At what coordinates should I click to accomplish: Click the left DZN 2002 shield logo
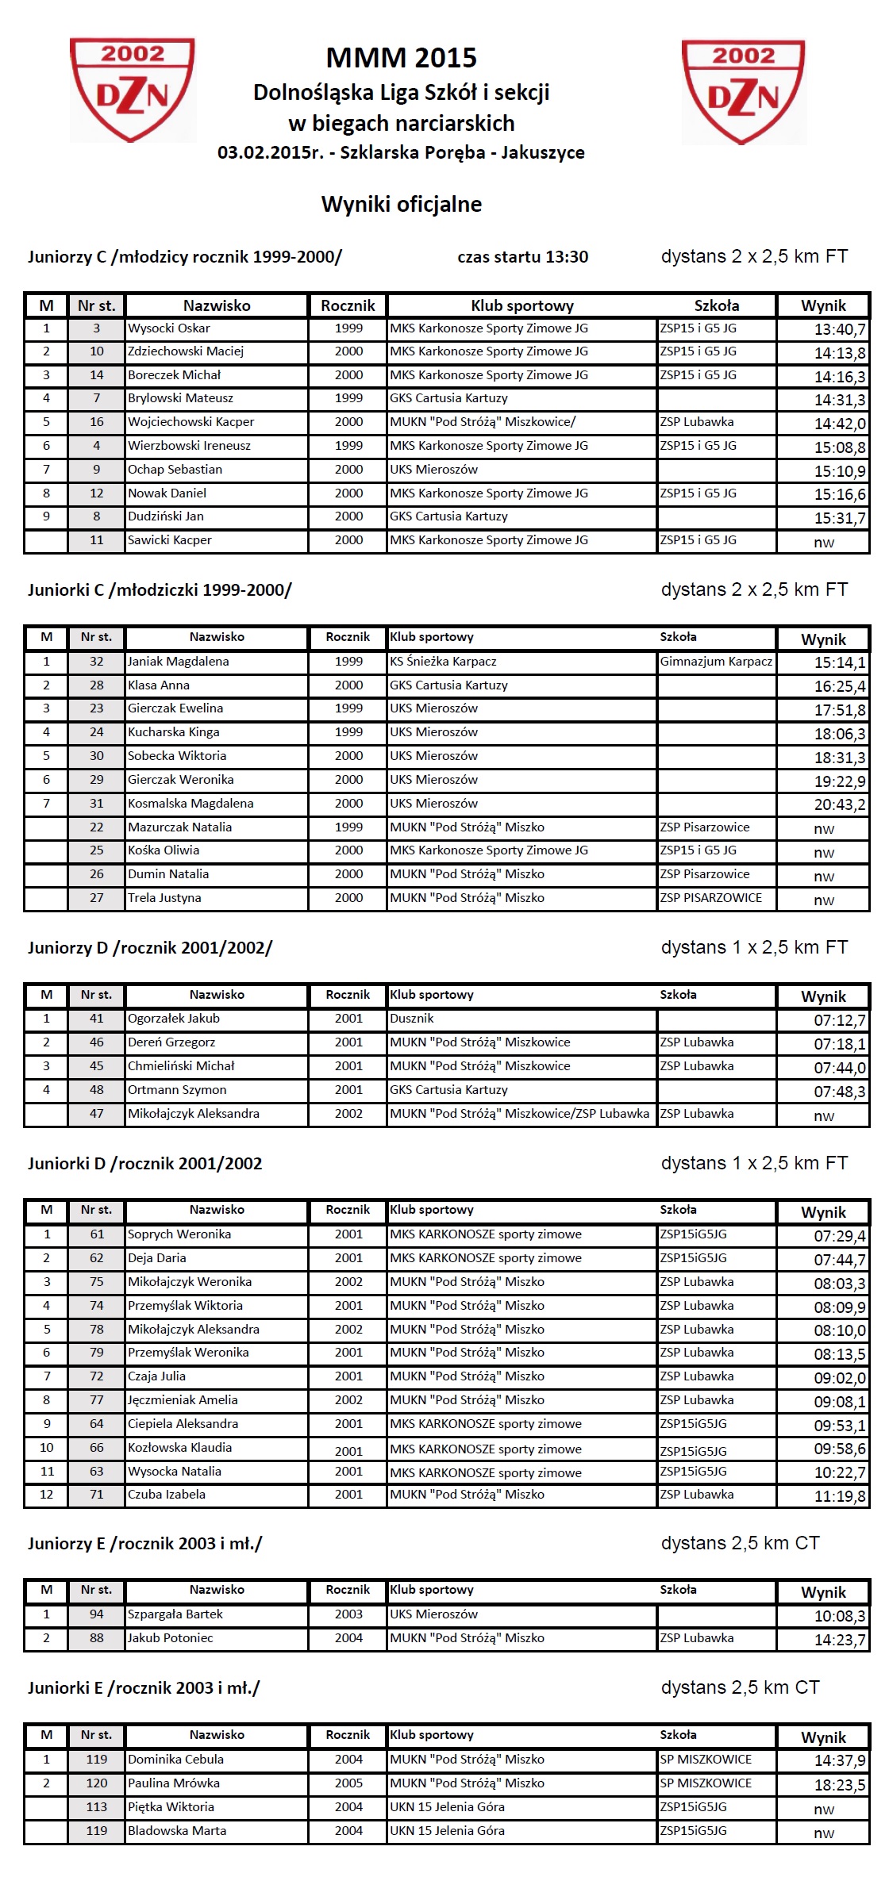tap(132, 90)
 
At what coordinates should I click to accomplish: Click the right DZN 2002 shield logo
tap(743, 91)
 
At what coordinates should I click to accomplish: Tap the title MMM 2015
tap(401, 58)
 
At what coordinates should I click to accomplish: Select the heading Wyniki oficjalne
tap(401, 205)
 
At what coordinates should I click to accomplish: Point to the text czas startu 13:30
tap(522, 257)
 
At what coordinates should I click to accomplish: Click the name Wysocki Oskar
tap(169, 328)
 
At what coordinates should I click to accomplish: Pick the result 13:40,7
tap(839, 329)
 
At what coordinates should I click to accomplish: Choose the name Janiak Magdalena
tap(178, 662)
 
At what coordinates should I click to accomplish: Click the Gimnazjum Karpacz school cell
tap(716, 662)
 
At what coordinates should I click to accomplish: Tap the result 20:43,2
tap(839, 804)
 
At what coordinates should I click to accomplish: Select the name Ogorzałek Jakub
tap(174, 1019)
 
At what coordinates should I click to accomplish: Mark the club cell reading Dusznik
tap(412, 1019)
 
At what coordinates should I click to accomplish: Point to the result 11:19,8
tap(839, 1496)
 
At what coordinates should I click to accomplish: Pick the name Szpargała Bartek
tap(175, 1614)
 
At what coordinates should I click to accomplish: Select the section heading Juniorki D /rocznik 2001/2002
tap(144, 1164)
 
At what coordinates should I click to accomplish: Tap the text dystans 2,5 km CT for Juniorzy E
tap(740, 1543)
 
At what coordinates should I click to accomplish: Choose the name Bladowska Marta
tap(177, 1831)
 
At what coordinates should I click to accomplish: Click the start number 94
tap(97, 1614)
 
